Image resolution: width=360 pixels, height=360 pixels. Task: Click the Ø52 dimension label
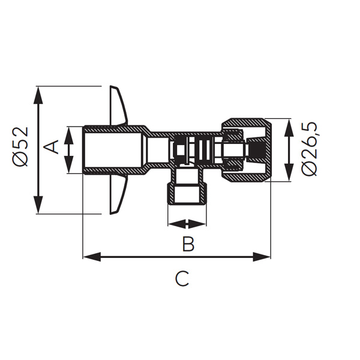pos(20,146)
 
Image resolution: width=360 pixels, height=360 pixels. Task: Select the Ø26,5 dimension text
pos(309,149)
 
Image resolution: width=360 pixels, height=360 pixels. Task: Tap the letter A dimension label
pos(51,147)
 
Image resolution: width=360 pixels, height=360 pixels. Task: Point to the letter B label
pos(188,244)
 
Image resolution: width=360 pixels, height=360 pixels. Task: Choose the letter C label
pos(182,278)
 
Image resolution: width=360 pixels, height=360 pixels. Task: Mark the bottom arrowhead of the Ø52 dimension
pos(38,205)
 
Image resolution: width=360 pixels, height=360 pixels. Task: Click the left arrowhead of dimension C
pos(92,257)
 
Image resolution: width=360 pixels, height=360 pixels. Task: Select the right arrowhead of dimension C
pos(262,257)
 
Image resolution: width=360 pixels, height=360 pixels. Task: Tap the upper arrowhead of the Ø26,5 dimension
pos(289,128)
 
